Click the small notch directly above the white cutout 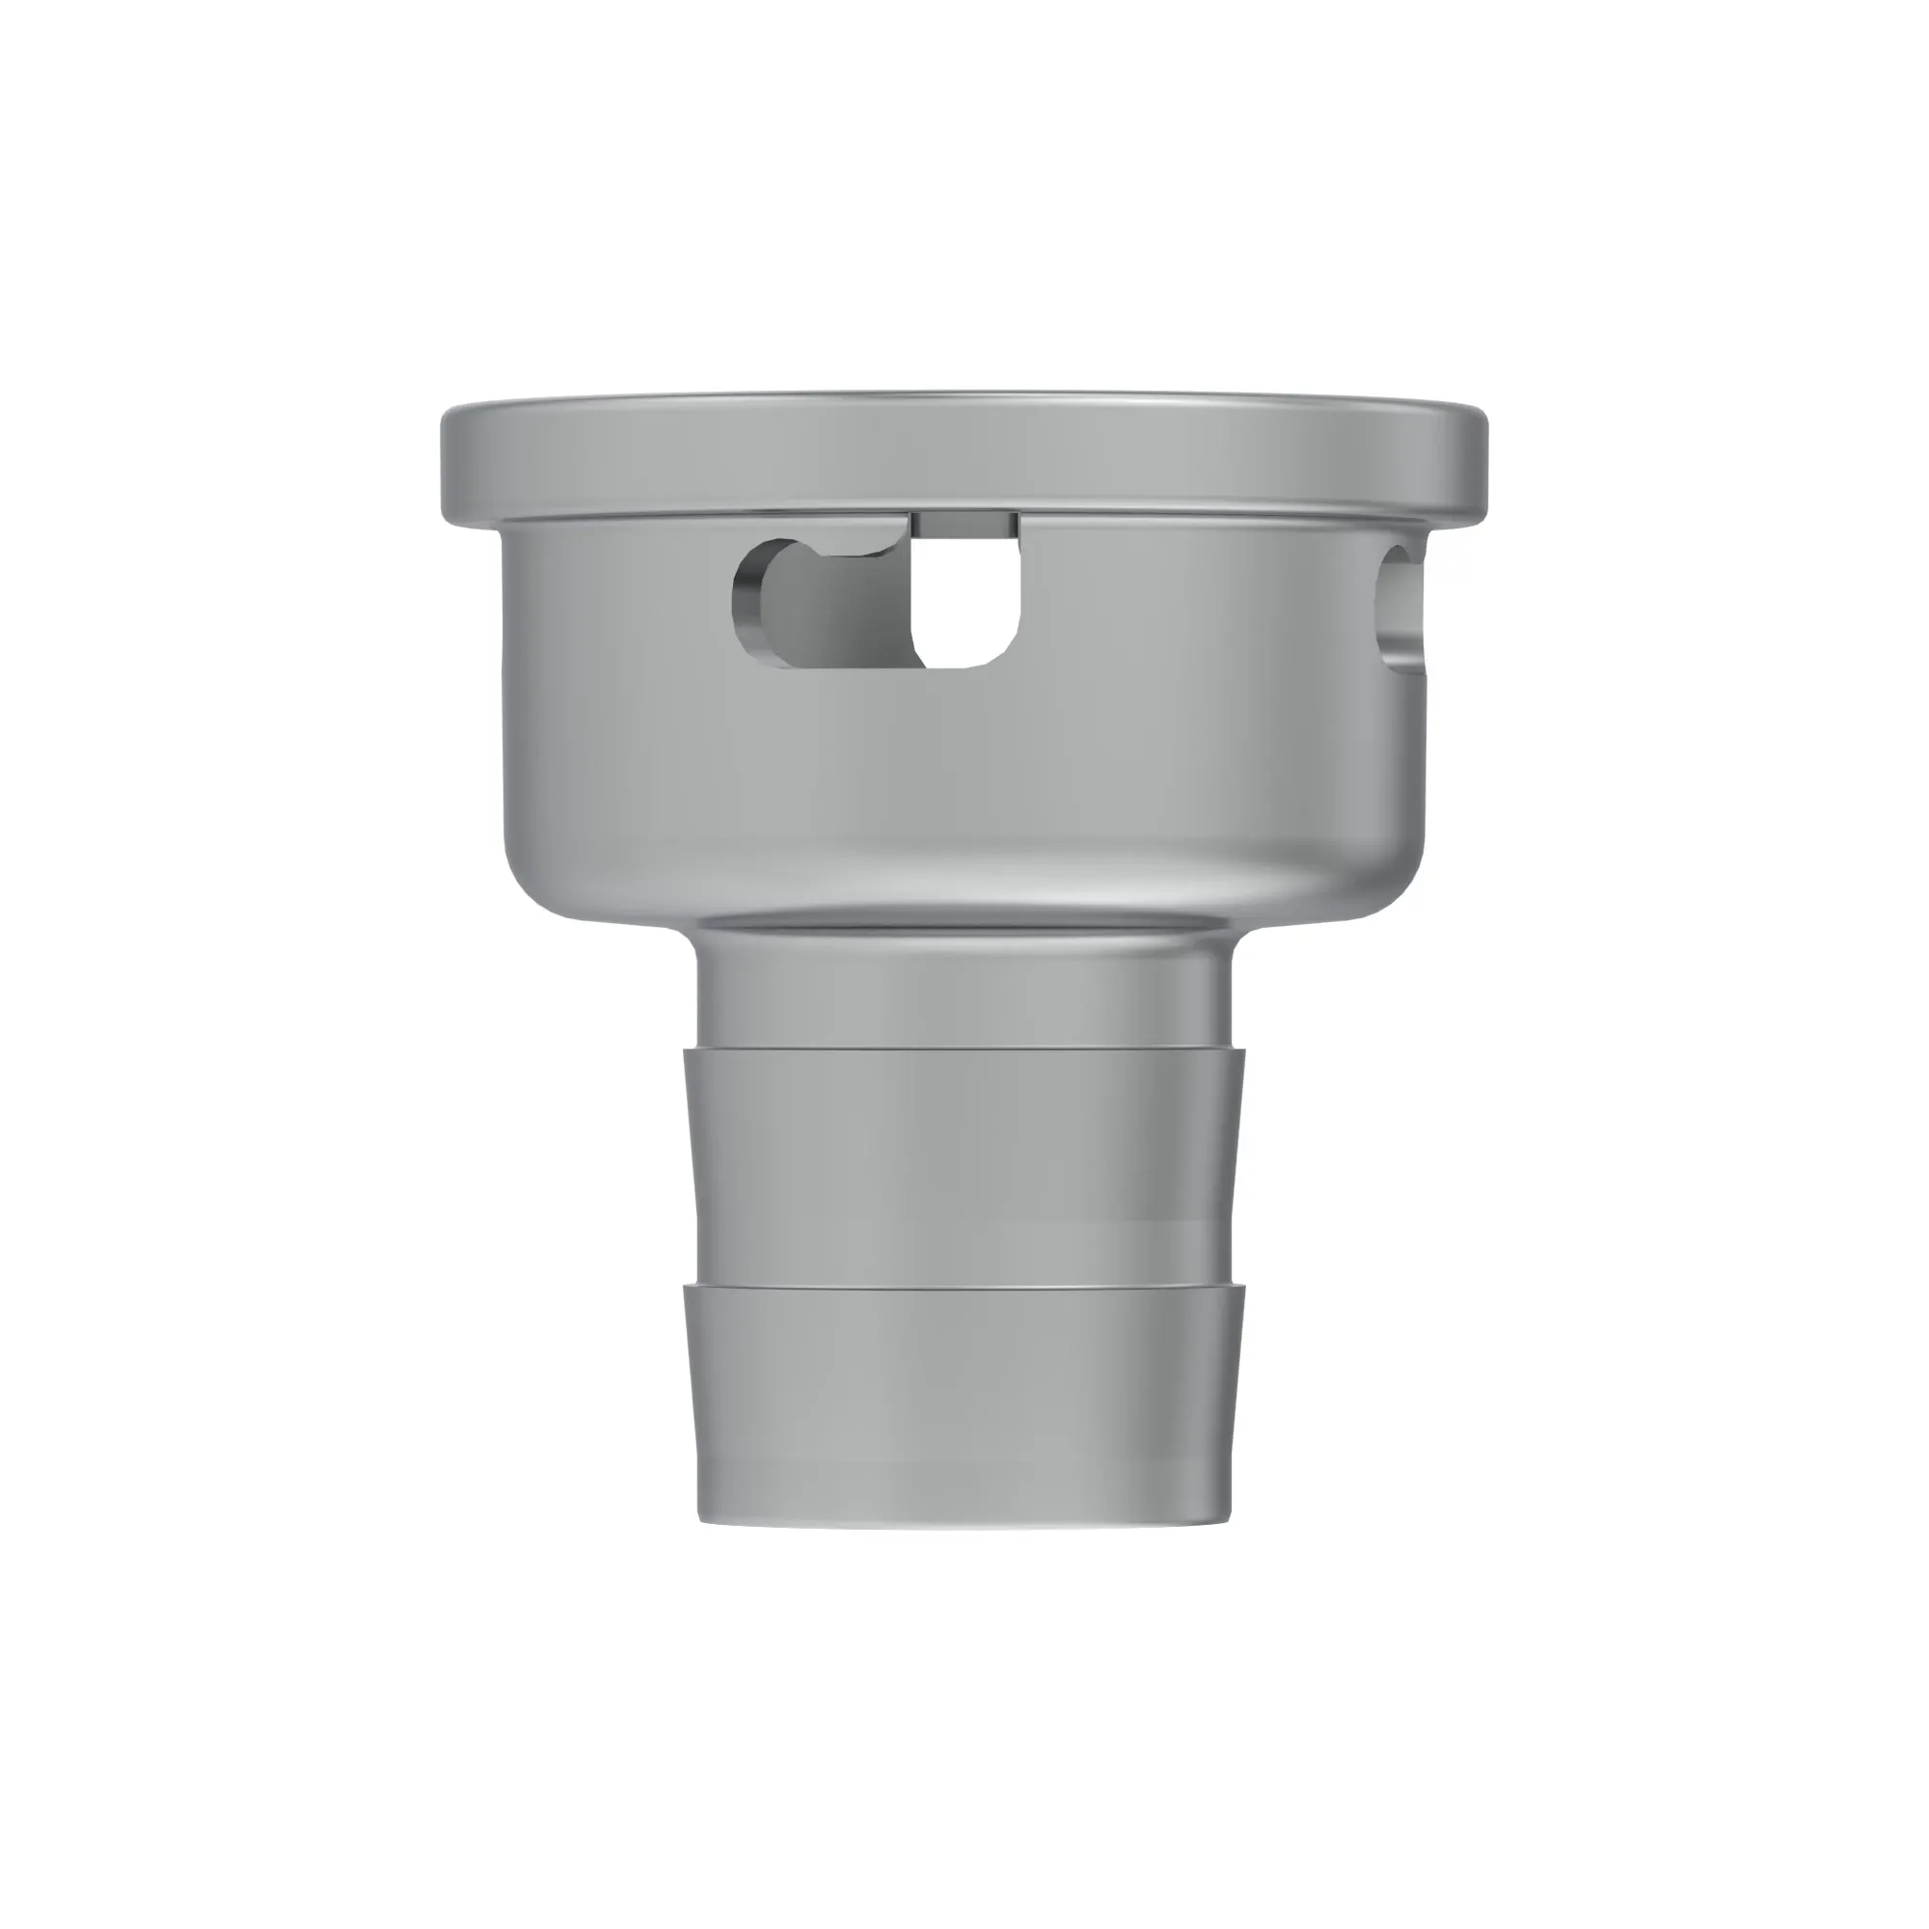point(964,524)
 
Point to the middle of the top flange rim point(964,459)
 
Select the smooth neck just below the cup point(964,989)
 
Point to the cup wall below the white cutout point(966,769)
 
